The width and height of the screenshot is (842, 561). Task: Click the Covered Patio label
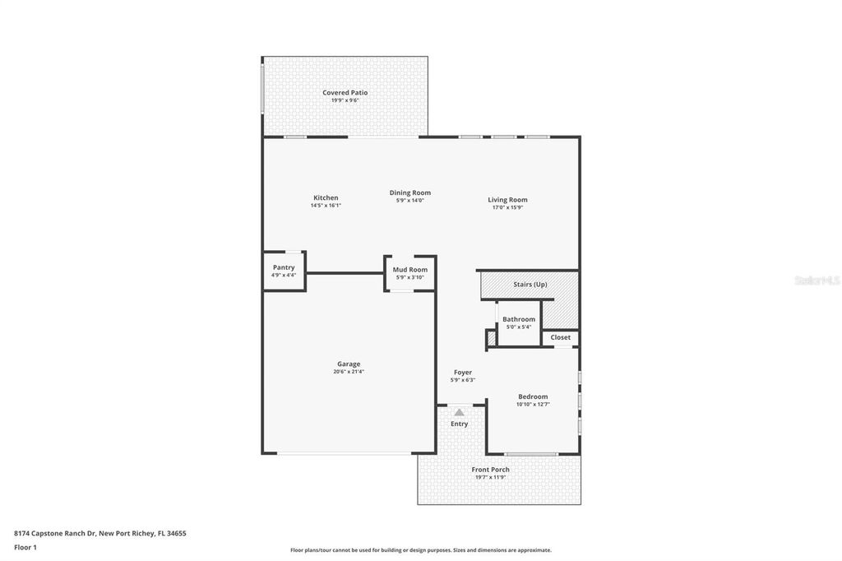click(x=345, y=93)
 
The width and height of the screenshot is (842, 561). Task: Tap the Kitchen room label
click(x=326, y=197)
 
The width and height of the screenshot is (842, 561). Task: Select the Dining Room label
click(x=409, y=192)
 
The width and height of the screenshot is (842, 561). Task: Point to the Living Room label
click(x=507, y=200)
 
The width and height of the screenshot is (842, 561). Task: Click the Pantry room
click(x=284, y=271)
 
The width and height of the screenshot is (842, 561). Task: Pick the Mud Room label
click(x=409, y=270)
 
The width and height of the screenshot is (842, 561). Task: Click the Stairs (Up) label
click(x=530, y=285)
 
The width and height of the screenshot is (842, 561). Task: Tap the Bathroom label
click(x=519, y=319)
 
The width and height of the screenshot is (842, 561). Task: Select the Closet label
click(x=560, y=337)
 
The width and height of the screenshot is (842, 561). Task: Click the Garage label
click(x=349, y=364)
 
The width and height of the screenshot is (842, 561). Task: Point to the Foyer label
click(x=462, y=373)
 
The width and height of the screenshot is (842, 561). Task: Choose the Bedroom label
click(x=533, y=396)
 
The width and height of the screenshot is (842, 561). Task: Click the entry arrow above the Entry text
click(x=459, y=412)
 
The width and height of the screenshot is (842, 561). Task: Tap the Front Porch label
click(x=490, y=470)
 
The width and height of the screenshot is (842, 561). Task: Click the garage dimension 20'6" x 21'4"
click(x=349, y=372)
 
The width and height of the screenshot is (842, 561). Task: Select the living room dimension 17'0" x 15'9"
click(x=507, y=207)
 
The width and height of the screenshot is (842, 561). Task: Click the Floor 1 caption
click(x=25, y=547)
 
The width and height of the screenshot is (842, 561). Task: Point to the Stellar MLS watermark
click(x=816, y=280)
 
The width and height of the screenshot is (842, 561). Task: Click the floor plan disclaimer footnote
click(x=420, y=550)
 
